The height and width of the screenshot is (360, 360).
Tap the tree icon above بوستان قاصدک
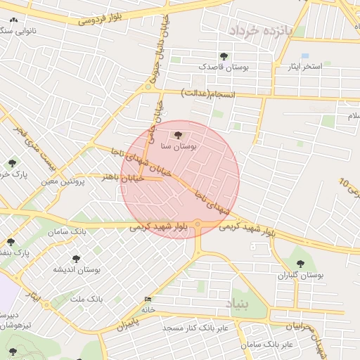pyautogui.click(x=224, y=56)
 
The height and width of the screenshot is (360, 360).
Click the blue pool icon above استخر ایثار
pyautogui.click(x=304, y=55)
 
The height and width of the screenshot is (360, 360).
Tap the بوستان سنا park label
pyautogui.click(x=179, y=147)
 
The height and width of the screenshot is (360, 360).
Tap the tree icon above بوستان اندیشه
pyautogui.click(x=76, y=258)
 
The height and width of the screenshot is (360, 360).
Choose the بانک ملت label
pyautogui.click(x=87, y=299)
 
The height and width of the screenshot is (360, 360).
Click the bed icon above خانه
pyautogui.click(x=147, y=299)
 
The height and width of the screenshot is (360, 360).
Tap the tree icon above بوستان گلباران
pyautogui.click(x=300, y=264)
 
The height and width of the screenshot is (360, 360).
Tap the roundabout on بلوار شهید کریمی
pyautogui.click(x=199, y=225)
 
